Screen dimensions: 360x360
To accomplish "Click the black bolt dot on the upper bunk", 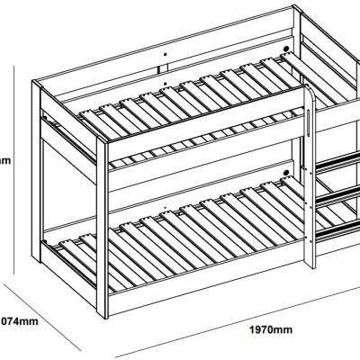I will [286, 49].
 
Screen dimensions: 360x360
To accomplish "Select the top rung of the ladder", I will [337, 160].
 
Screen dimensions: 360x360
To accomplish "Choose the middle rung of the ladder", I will [337, 193].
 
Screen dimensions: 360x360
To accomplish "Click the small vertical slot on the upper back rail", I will [165, 67].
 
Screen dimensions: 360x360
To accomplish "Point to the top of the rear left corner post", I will [37, 83].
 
